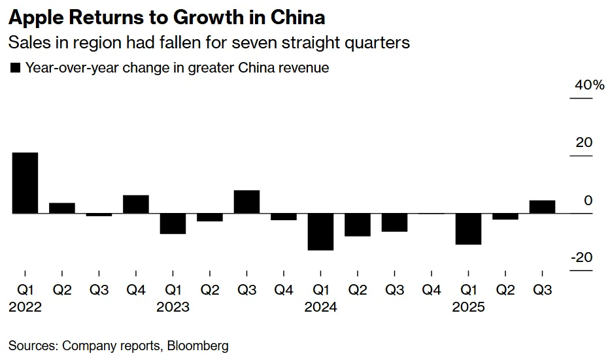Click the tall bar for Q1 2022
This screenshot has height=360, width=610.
tap(25, 183)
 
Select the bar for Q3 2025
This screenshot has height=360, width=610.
tap(543, 206)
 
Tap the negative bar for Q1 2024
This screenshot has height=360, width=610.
tap(321, 231)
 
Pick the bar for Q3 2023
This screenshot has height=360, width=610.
tap(247, 202)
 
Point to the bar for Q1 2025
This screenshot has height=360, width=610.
tap(469, 229)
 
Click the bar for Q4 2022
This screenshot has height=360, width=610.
tap(136, 204)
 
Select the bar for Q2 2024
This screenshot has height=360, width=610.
tap(358, 224)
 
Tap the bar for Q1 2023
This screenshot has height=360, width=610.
tap(173, 223)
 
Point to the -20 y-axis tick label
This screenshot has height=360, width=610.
tap(581, 257)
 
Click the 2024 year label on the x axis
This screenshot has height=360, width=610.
tap(321, 306)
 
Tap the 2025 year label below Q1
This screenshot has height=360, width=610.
tap(469, 306)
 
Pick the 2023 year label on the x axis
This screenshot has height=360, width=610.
tap(173, 306)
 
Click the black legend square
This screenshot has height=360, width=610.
tap(16, 67)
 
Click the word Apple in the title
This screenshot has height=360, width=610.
tap(33, 16)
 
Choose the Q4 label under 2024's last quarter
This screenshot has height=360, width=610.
tap(432, 289)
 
